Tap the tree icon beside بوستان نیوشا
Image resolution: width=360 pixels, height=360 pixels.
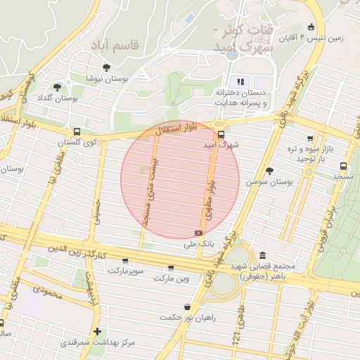point(106,68)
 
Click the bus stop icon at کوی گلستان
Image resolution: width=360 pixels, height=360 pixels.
point(77,131)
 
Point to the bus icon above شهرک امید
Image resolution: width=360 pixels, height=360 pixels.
point(221,134)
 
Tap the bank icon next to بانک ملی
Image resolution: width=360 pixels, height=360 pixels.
point(198,233)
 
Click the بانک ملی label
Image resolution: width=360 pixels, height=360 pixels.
point(198,244)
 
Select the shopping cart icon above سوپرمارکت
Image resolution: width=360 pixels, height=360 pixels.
point(125,261)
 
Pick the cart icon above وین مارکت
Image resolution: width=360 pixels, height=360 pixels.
point(171,268)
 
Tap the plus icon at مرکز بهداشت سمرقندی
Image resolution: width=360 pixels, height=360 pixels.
point(97,331)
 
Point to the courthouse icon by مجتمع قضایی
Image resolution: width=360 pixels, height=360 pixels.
point(262,255)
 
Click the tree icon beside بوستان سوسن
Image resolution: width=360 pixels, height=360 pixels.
point(269,170)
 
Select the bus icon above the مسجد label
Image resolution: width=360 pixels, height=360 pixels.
point(343,166)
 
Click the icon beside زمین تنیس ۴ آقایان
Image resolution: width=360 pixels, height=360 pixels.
point(311,27)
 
